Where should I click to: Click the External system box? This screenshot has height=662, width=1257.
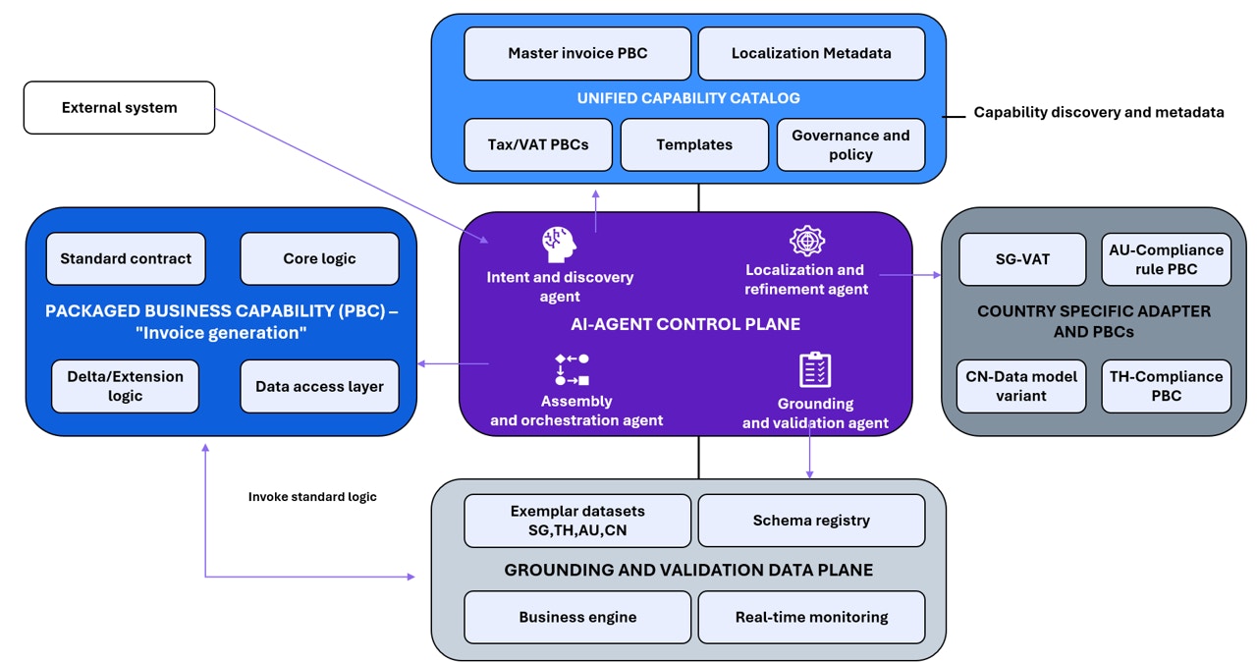(119, 108)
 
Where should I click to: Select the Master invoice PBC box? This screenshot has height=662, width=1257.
(577, 53)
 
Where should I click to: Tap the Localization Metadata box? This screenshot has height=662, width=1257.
(811, 53)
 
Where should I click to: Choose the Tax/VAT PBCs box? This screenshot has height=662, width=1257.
(538, 144)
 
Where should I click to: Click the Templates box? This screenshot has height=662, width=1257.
(694, 144)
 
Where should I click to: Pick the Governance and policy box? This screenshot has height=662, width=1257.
(850, 144)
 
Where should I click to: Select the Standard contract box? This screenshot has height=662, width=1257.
(126, 258)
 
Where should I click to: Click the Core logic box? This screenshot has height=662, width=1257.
(319, 258)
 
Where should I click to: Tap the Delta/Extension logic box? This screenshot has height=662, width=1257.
(125, 386)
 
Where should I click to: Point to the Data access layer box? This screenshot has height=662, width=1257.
(319, 386)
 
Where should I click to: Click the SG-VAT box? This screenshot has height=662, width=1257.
(1022, 259)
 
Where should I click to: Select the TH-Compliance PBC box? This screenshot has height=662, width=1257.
(1166, 386)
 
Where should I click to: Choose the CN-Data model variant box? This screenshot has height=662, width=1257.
(1022, 386)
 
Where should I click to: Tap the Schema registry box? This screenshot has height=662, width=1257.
(811, 521)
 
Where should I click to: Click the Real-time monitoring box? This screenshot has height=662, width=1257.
(811, 617)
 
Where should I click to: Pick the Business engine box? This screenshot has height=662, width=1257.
(577, 617)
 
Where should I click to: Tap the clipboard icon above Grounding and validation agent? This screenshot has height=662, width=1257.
(815, 370)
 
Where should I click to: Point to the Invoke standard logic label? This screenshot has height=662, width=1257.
(312, 497)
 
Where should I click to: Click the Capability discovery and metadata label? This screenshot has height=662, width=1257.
(1098, 113)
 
